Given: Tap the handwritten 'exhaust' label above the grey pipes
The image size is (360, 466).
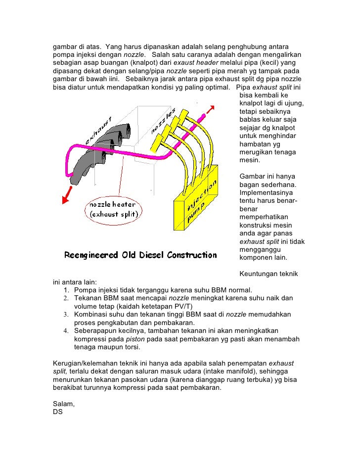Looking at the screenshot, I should click(99, 130).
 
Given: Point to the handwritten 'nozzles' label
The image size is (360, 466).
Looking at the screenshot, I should click(164, 121).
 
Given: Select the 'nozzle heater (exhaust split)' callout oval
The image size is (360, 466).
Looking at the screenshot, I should click(114, 209).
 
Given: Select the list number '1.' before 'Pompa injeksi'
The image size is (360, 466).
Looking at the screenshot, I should click(67, 290).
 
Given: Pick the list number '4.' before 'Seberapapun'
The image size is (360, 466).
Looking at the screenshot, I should click(67, 330).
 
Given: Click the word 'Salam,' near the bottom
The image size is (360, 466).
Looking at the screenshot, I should click(63, 404).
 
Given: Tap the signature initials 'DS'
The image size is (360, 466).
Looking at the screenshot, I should click(58, 412).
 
